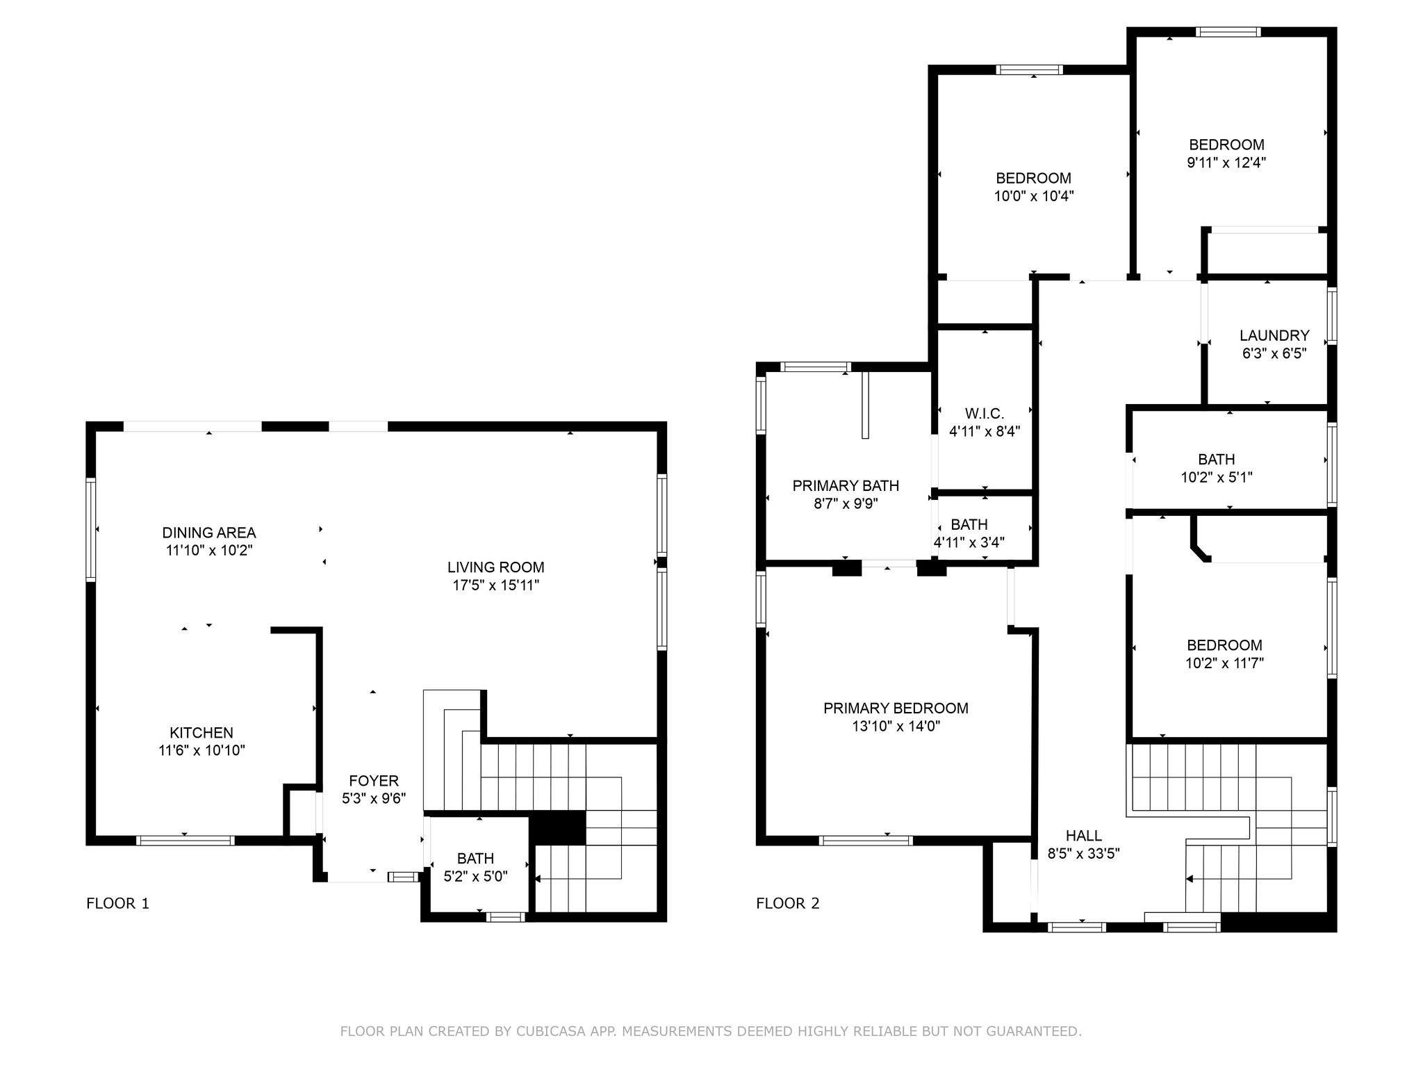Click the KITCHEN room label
coord(201,733)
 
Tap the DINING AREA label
coord(209,533)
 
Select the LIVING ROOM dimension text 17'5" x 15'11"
coord(496,585)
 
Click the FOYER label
coord(374,781)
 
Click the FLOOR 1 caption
coord(117,903)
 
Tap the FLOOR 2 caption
coord(788,903)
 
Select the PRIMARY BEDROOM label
coord(896,708)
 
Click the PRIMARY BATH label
coord(846,485)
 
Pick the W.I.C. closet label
coord(985,414)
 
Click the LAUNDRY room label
coord(1274,335)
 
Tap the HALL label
coord(1084,835)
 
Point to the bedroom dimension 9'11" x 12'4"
coord(1226,163)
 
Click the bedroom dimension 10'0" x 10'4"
coord(1034,196)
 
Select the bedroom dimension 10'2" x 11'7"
coord(1224,663)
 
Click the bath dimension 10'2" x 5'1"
coord(1217,477)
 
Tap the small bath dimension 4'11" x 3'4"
coord(969,542)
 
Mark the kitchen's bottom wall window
coord(186,841)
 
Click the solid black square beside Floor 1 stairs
coord(558,827)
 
